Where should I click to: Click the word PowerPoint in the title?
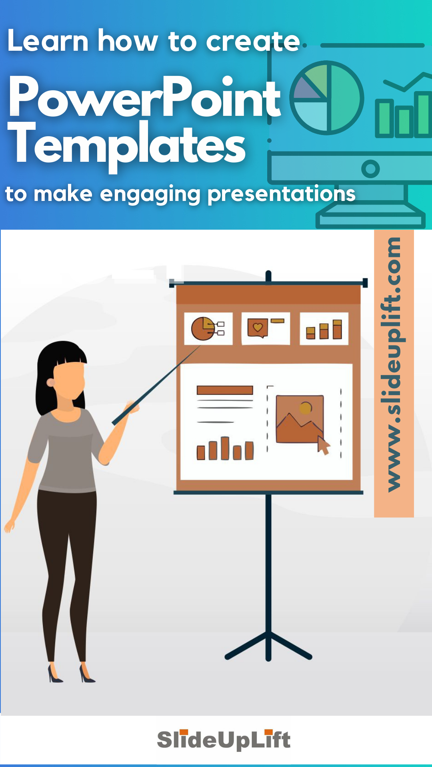(144, 98)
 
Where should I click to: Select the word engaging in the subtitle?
(150, 195)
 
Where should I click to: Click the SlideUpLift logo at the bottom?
(224, 740)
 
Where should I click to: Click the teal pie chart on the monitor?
(326, 98)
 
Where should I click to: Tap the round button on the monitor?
(370, 169)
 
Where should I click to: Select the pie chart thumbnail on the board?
(208, 328)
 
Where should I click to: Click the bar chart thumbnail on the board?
(324, 329)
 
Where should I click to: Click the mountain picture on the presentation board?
(299, 419)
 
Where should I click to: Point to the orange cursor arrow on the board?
(323, 445)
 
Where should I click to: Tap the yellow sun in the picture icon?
(306, 407)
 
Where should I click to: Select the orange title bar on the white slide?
(225, 390)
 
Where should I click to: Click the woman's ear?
(51, 383)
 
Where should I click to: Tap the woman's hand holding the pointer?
(131, 407)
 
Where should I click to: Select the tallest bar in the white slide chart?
(225, 448)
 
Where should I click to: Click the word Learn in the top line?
(48, 41)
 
